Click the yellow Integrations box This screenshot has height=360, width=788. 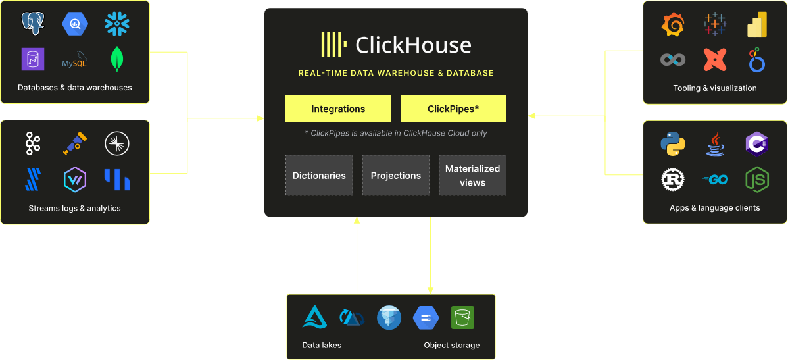click(338, 109)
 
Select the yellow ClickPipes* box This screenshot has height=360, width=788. click(453, 109)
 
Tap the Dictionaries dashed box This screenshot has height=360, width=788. click(319, 176)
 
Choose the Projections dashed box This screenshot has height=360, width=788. click(395, 176)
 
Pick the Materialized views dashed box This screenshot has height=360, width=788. click(472, 176)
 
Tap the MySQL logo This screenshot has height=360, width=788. click(74, 61)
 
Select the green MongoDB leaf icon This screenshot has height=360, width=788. click(117, 60)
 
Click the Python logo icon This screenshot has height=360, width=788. click(673, 143)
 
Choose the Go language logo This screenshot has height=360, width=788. click(714, 179)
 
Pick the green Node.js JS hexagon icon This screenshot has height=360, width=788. click(757, 179)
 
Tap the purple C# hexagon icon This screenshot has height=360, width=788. click(757, 143)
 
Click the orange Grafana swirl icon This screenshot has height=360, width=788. click(673, 25)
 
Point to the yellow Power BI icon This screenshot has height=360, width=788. click(757, 25)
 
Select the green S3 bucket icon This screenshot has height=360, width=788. click(462, 318)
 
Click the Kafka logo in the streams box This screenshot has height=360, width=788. click(33, 143)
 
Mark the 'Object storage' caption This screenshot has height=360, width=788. click(451, 345)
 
